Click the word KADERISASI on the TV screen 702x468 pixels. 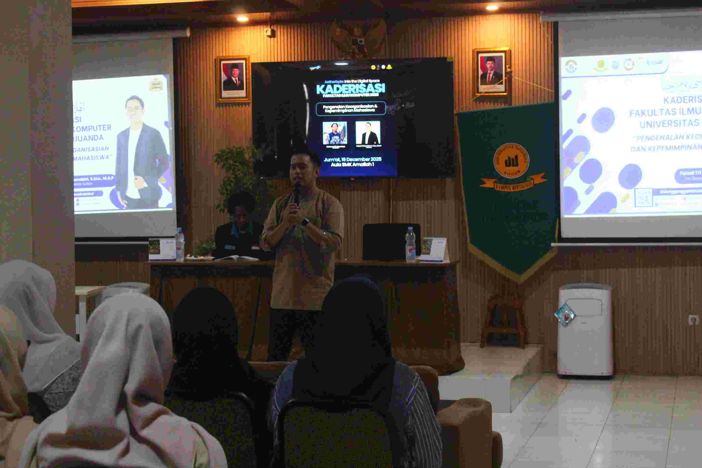pos(350,88)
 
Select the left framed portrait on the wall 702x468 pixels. pos(233,79)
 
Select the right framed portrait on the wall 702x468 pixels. pos(491,72)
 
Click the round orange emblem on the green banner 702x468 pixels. pos(511,161)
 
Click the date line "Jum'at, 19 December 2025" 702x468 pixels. pos(353,159)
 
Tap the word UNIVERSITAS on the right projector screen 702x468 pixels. pos(669,124)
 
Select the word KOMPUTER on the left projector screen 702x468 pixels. pos(92,128)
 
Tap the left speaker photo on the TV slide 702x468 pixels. pos(335,133)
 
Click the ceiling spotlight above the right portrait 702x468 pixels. pos(492,7)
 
